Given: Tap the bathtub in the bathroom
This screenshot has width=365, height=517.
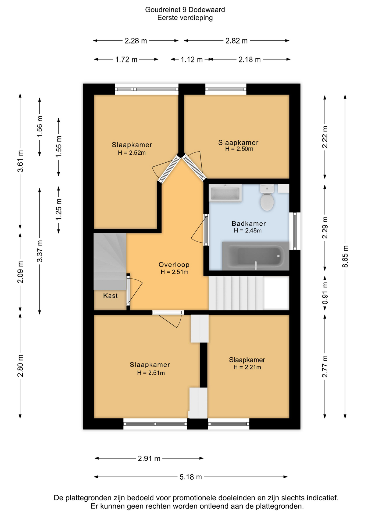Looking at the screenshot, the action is pos(255,256).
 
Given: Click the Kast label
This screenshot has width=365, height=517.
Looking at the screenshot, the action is pos(110,296).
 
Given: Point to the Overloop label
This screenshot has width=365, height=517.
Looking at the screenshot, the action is pos(174,265).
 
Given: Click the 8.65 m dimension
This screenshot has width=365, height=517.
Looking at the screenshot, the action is pos(345,256).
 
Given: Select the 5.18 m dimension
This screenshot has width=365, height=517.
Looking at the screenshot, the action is pos(191,477).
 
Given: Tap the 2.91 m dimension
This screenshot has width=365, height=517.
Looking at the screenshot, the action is pos(149,458).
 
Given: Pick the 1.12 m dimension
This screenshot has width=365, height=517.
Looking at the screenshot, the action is pos(192,60).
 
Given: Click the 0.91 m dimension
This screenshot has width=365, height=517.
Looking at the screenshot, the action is pos(325,293).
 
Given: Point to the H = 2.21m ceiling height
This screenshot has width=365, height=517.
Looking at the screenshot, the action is pos(247,367).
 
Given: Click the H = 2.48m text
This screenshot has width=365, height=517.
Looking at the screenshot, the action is pos(248,230).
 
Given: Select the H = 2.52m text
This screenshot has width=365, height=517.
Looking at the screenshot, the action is pos(132,153).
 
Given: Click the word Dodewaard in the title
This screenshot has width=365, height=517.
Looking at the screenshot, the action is pos(207,10).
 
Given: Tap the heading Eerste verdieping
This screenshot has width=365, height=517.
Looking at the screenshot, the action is pos(185,18).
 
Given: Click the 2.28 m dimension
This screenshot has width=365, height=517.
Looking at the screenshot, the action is pos(136,41).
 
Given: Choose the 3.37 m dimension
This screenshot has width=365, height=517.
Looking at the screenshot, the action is pos(40,251).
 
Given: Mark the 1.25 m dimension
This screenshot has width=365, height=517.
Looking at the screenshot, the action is pos(59,209).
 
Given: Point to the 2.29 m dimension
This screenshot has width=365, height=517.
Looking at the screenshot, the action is pos(325,228).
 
